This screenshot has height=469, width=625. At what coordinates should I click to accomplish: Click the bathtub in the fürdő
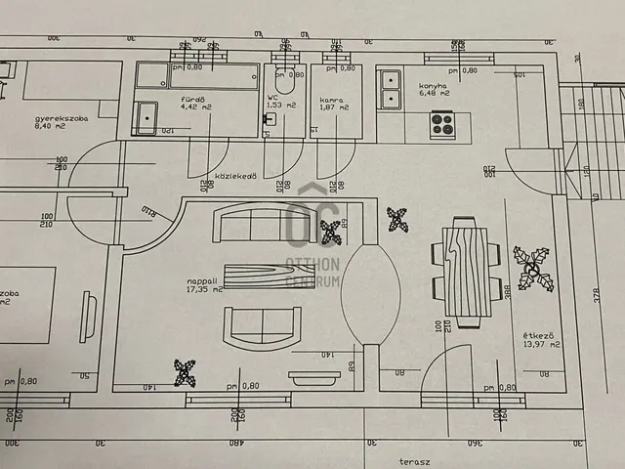(195, 76)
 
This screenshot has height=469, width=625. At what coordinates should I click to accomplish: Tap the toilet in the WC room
(285, 82)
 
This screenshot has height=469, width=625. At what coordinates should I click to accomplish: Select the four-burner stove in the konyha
(442, 124)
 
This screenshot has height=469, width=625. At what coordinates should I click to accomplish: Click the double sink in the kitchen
(393, 87)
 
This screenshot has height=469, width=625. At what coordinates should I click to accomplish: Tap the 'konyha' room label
(433, 85)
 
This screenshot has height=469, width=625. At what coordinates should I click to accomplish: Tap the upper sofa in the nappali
(250, 226)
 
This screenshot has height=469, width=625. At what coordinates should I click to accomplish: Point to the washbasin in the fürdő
(146, 117)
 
